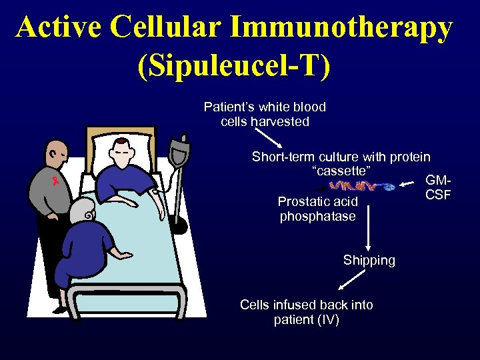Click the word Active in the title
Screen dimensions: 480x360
60,27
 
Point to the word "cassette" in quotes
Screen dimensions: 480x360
341,172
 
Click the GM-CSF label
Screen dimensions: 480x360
438,187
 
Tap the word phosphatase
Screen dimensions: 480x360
318,216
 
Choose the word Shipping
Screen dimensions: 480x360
369,260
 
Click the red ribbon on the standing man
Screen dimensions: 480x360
56,180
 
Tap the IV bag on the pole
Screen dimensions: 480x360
179,150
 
